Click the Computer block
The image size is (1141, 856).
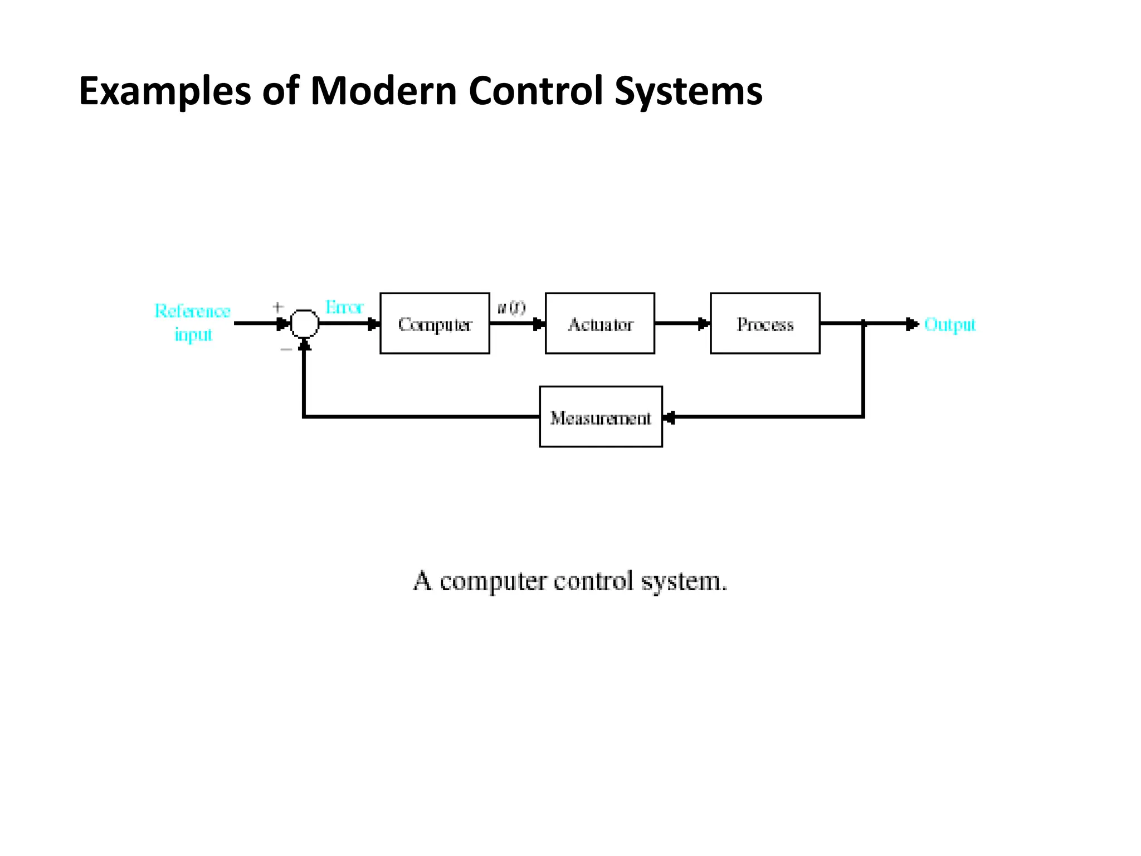435,323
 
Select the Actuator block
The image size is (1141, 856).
600,323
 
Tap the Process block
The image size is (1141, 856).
765,323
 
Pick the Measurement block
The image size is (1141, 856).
601,417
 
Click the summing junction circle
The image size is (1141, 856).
305,323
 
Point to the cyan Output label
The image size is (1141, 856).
949,324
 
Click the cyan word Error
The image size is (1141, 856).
344,307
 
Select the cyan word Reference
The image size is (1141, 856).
192,310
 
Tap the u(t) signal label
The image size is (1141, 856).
511,308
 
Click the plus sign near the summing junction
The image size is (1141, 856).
278,307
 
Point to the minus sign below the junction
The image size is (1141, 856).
286,349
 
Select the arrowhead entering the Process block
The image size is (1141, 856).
704,323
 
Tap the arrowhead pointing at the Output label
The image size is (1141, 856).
912,324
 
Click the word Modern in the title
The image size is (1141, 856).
384,91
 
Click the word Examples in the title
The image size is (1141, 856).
165,91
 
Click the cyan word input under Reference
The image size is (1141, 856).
193,334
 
